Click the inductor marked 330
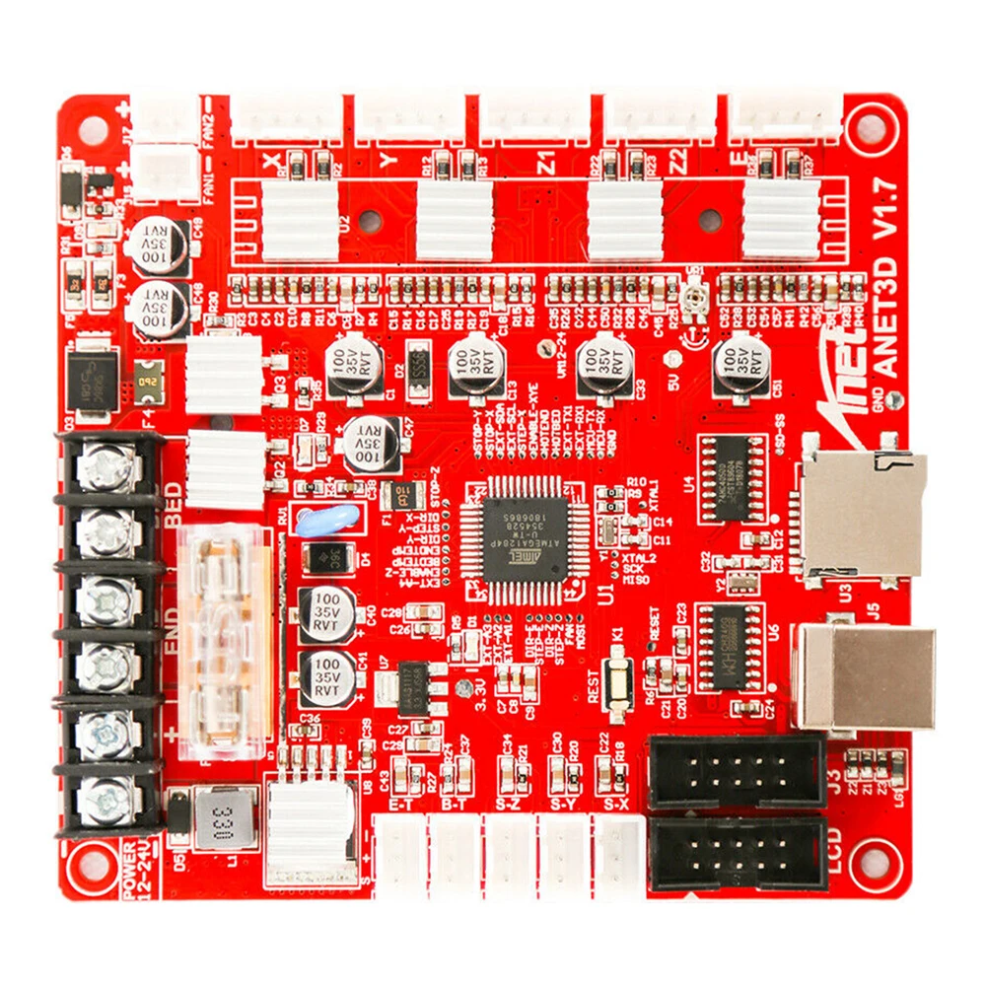[224, 816]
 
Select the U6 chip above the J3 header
[731, 646]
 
